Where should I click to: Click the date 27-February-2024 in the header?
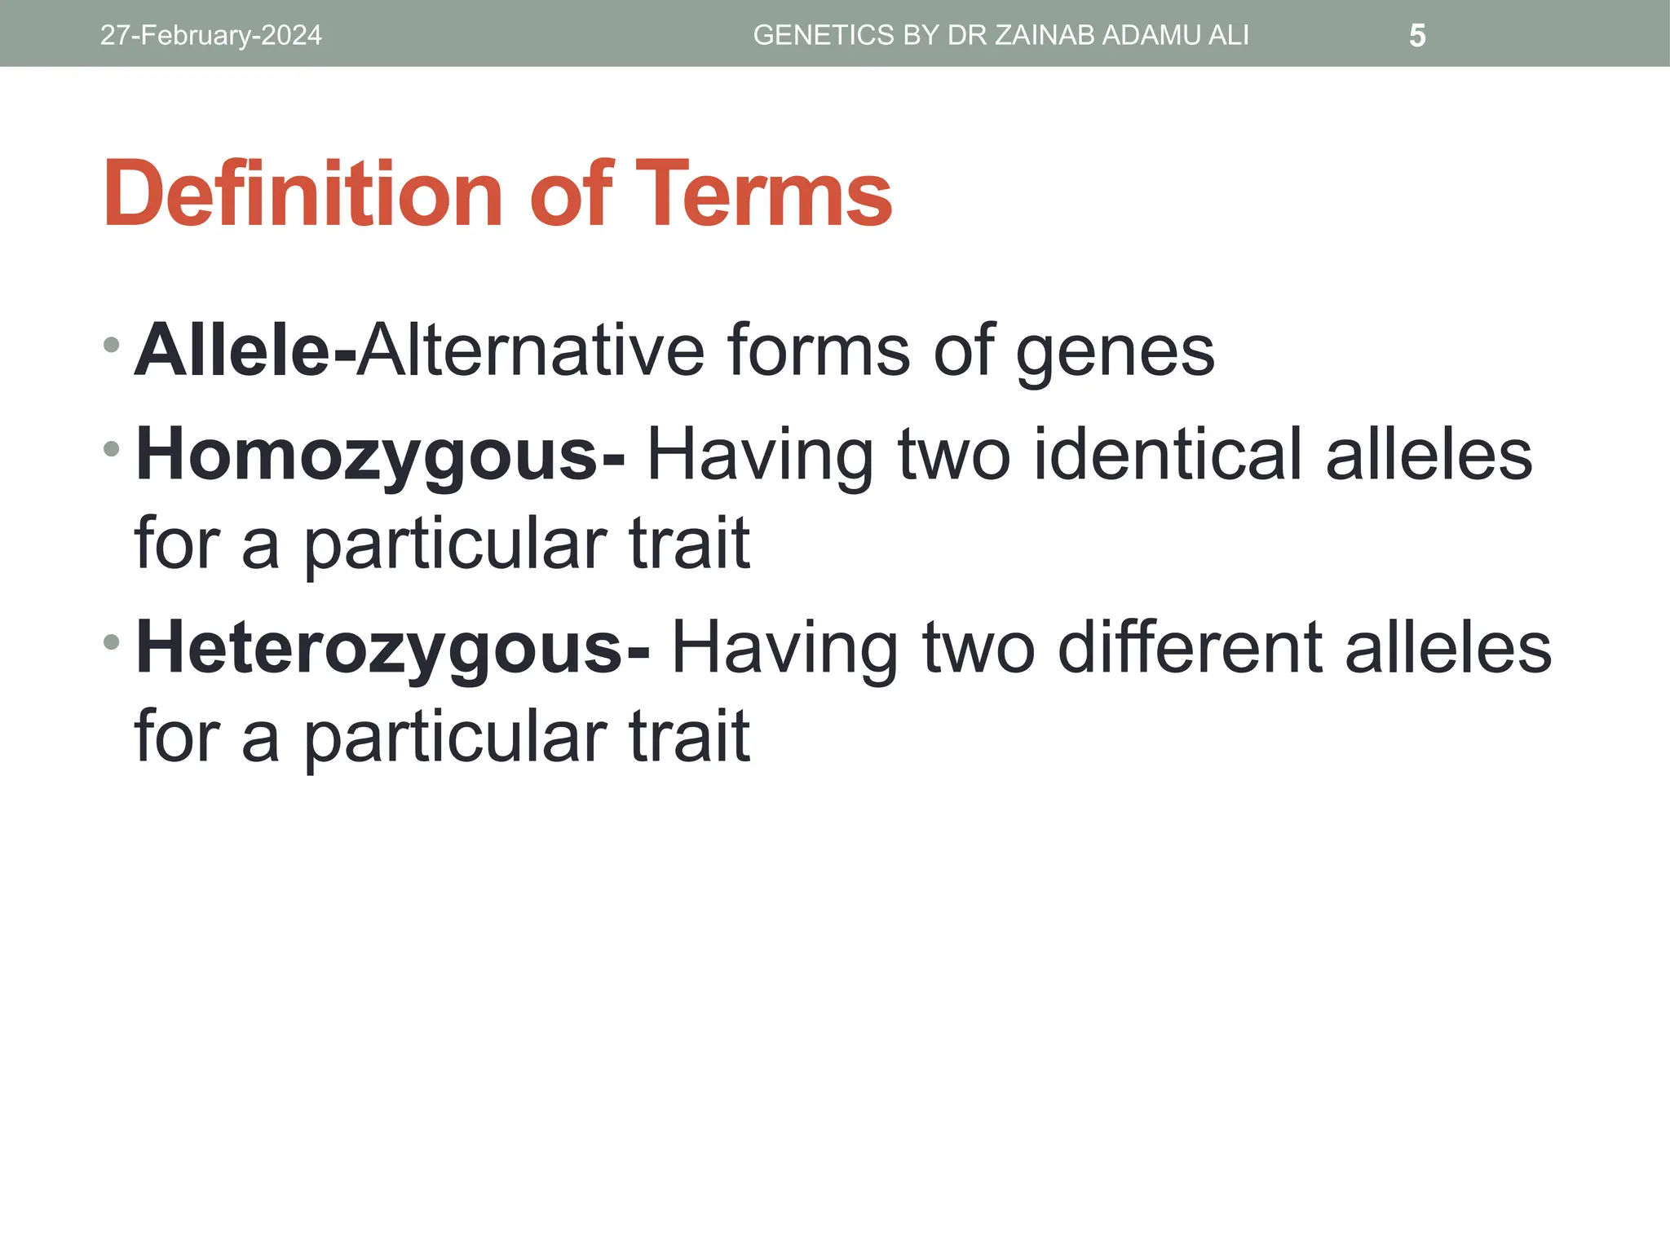click(210, 36)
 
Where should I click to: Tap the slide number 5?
click(1417, 36)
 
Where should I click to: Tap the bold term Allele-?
click(245, 350)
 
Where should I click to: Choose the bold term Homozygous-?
click(380, 455)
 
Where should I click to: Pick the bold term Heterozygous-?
click(392, 648)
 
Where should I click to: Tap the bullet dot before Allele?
click(112, 345)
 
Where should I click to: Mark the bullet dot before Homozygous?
click(112, 448)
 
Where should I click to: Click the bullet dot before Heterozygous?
click(112, 642)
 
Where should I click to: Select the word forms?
click(817, 350)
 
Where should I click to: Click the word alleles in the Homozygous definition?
click(1429, 455)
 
